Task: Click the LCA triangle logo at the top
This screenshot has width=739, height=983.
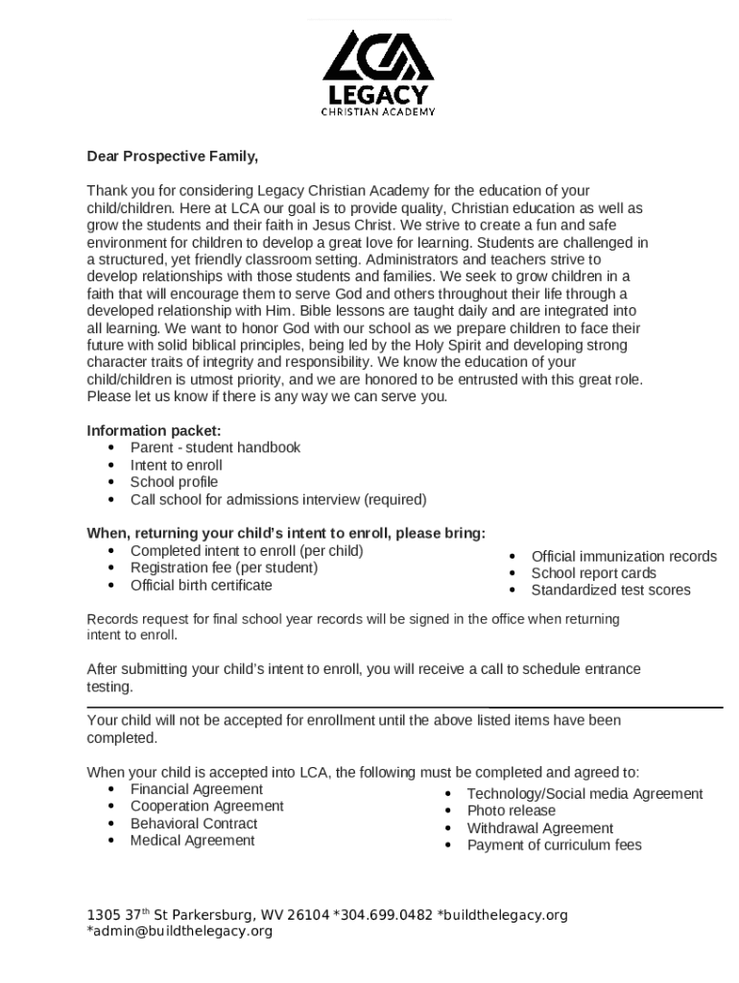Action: (x=378, y=58)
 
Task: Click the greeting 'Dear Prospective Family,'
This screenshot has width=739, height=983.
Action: (x=173, y=156)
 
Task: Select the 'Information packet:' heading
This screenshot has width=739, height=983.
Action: (x=154, y=430)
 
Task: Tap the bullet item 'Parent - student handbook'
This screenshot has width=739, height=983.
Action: (x=215, y=447)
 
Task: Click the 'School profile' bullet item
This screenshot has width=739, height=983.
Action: (x=174, y=482)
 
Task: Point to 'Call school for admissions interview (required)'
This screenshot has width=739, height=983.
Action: (x=278, y=499)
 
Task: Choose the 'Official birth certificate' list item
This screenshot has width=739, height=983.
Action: (x=201, y=585)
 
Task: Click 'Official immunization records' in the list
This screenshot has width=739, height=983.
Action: (x=624, y=556)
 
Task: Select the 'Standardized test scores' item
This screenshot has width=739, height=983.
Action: (x=610, y=589)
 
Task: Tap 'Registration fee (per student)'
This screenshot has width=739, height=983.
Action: (x=224, y=567)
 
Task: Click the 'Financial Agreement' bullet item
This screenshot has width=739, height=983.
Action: (x=196, y=789)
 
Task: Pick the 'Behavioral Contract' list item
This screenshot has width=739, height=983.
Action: (x=194, y=824)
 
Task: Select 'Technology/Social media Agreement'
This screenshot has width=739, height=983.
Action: (x=584, y=794)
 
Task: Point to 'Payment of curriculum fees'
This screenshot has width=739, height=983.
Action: (x=554, y=845)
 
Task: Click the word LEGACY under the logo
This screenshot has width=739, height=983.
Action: (x=377, y=96)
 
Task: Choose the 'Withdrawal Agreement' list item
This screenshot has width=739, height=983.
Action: (x=539, y=827)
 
